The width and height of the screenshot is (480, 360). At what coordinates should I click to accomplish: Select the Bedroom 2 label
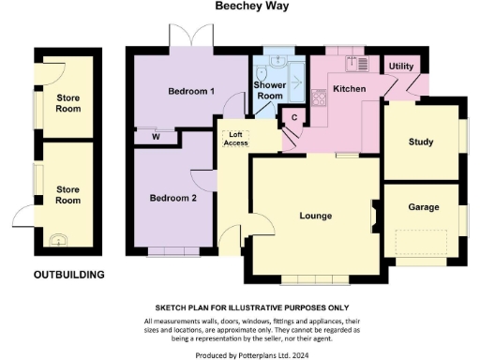[x=173, y=198]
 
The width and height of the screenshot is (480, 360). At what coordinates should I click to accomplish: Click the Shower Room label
[x=270, y=91]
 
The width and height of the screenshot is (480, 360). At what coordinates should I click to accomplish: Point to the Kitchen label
[x=350, y=89]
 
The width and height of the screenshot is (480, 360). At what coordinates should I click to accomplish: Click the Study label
[x=420, y=142]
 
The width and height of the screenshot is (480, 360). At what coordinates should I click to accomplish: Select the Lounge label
[x=316, y=216]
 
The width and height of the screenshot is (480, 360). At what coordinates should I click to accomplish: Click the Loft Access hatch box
[x=235, y=138]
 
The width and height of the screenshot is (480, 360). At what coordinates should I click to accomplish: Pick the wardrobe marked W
[x=155, y=137]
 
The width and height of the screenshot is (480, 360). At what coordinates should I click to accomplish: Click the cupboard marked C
[x=293, y=117]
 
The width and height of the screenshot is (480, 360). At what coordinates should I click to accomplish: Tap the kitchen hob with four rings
[x=319, y=96]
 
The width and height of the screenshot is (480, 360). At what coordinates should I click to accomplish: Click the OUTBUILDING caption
[x=68, y=275]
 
